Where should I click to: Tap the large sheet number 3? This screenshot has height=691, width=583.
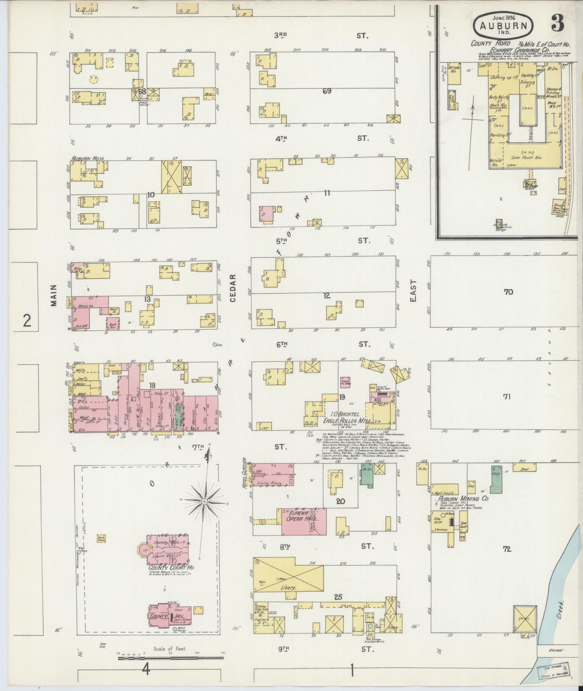[x=558, y=24]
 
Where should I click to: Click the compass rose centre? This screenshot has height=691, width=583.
[x=205, y=502]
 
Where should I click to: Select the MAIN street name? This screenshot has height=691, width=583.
[x=54, y=295]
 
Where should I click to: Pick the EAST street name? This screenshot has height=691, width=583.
[x=413, y=291]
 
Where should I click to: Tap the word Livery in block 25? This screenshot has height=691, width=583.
[x=288, y=588]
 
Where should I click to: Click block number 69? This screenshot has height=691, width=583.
[x=327, y=91]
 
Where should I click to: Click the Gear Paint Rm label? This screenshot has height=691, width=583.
[x=524, y=157]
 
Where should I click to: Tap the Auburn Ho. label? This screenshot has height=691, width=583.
[x=85, y=158]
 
